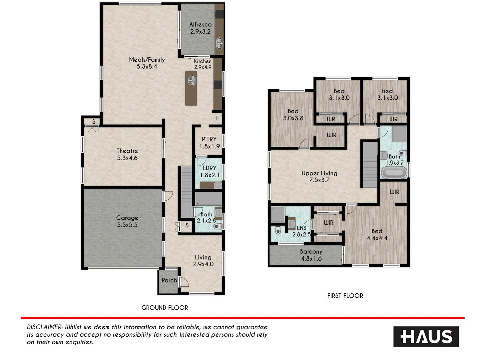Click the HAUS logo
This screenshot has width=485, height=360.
pyautogui.click(x=426, y=336)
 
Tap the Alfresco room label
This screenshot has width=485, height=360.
pyautogui.click(x=200, y=28)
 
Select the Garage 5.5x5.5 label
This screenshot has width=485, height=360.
pyautogui.click(x=127, y=221)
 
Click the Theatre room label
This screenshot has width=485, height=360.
pyautogui.click(x=127, y=154)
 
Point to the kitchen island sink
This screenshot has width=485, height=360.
pyautogui.click(x=192, y=80)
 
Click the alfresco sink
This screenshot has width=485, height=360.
pyautogui.click(x=219, y=42)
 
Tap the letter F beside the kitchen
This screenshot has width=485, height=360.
pyautogui.click(x=218, y=118)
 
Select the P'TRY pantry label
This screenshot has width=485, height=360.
pyautogui.click(x=209, y=143)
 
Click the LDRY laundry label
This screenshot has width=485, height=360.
pyautogui.click(x=210, y=171)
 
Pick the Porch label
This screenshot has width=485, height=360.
pyautogui.click(x=169, y=280)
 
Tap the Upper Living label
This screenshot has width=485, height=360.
pyautogui.click(x=319, y=177)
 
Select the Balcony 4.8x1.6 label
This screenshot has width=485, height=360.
pyautogui.click(x=311, y=255)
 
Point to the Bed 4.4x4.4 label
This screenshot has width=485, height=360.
pyautogui.click(x=377, y=235)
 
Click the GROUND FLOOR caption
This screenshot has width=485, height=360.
pyautogui.click(x=165, y=308)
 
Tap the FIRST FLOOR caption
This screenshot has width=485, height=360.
pyautogui.click(x=345, y=296)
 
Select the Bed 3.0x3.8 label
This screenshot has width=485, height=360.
pyautogui.click(x=293, y=115)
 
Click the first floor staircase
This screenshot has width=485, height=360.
pyautogui.click(x=369, y=164)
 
